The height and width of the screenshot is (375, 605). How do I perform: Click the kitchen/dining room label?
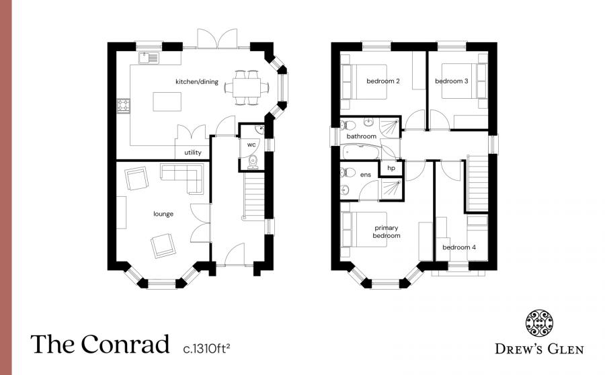tap(197, 82)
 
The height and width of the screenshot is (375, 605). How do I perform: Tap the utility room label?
tap(193, 153)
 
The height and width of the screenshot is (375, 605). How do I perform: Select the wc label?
tap(251, 144)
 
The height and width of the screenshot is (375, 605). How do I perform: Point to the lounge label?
tap(163, 214)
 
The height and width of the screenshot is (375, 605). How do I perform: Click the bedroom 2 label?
tap(383, 81)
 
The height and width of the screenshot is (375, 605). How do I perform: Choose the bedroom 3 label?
tap(452, 81)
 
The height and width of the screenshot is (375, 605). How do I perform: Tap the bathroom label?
tap(361, 136)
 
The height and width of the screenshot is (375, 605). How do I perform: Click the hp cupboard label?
tap(391, 168)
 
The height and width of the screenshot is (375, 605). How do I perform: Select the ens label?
tap(366, 175)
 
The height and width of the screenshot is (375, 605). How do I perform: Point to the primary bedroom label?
tap(387, 232)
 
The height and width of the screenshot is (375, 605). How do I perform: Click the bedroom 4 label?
tap(459, 247)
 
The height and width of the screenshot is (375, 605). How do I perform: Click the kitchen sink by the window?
tap(149, 58)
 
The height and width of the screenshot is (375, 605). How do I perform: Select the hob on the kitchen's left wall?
tap(124, 105)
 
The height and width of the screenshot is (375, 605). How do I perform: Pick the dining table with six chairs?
tap(246, 87)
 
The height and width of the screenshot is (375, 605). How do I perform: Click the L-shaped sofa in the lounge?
tap(184, 178)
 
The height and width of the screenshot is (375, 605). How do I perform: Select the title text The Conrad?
tap(99, 345)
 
